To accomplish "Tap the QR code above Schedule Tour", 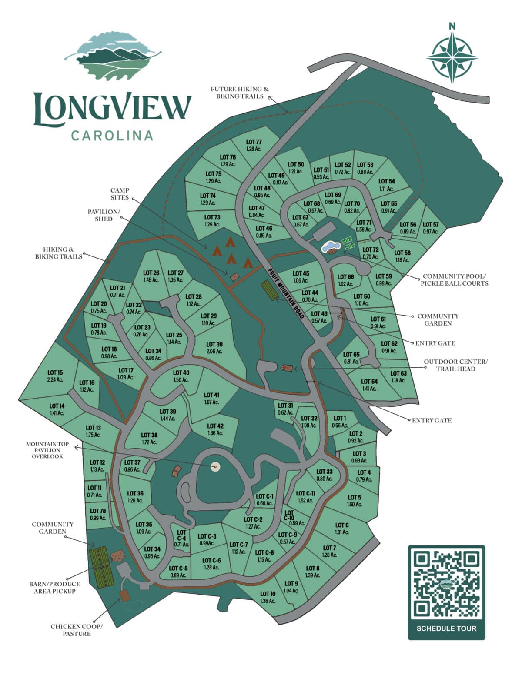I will [x=446, y=584].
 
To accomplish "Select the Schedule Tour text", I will [x=446, y=628].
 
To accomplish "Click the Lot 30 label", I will [x=214, y=348].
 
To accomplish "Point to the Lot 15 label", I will [x=55, y=376].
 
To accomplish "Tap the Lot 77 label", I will [x=254, y=145].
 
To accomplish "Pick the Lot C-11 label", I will [x=305, y=497].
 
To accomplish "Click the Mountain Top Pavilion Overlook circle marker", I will [x=215, y=467].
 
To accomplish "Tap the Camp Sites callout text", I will [x=120, y=194].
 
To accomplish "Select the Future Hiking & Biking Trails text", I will [x=240, y=92].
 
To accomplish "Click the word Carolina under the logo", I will [x=112, y=136].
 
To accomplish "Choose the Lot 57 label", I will [x=431, y=228].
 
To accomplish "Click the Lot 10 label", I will [x=268, y=597].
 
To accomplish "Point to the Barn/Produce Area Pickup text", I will [x=55, y=587].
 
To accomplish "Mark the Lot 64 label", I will [x=369, y=385].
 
